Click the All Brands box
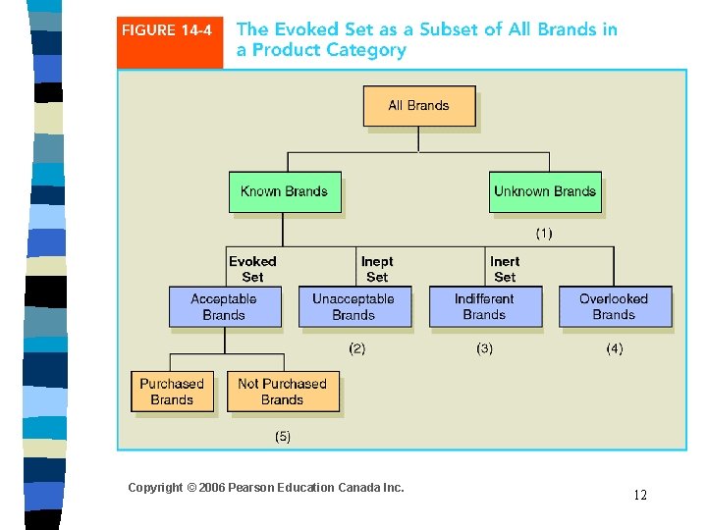(419, 106)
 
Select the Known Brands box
(285, 191)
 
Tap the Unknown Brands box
(545, 191)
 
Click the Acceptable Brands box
(224, 306)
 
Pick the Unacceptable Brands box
(353, 306)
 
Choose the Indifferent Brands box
(485, 306)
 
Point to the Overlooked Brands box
(615, 306)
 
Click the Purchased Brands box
(172, 392)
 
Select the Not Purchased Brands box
(283, 392)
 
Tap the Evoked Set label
(252, 269)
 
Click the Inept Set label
(377, 269)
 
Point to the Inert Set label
(505, 269)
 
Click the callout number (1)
(543, 234)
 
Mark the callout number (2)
(357, 348)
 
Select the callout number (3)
(484, 348)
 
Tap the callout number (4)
(614, 348)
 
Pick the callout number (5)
(282, 436)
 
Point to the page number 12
(640, 496)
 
